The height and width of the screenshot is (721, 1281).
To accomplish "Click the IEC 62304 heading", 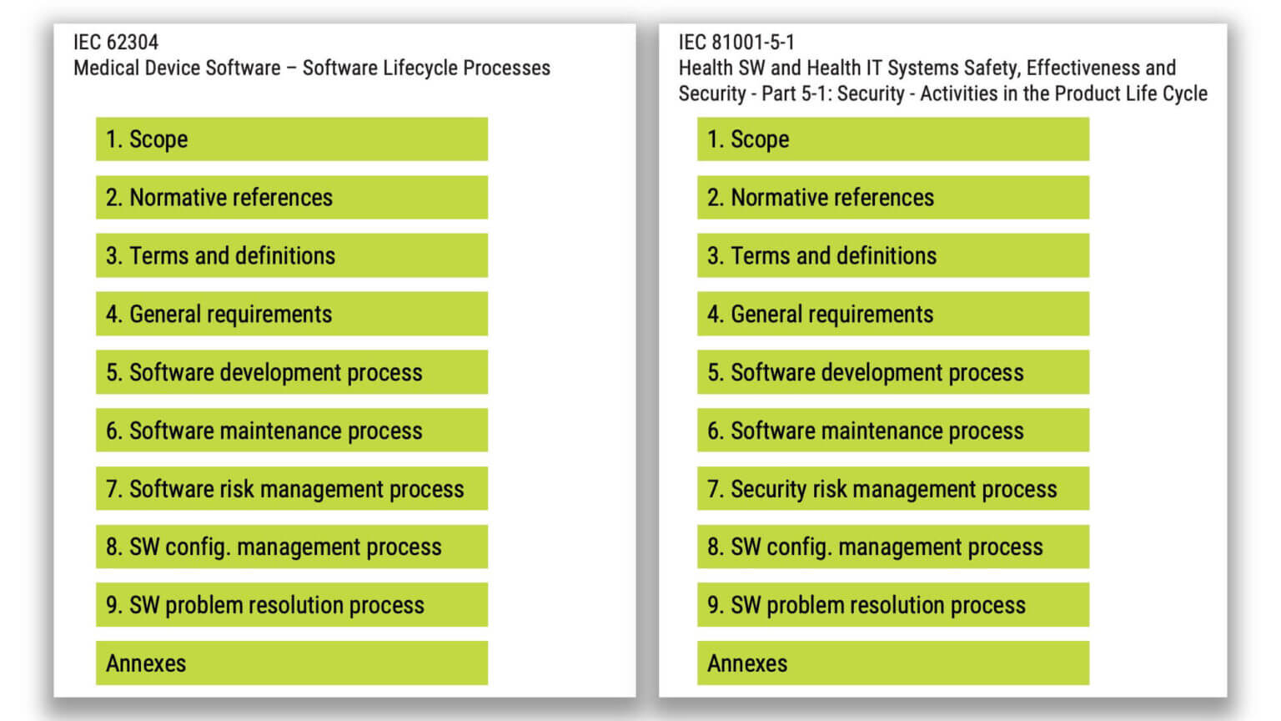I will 115,42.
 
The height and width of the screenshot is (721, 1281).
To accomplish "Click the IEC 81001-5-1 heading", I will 736,42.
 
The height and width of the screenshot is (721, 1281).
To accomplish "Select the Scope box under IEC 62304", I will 291,139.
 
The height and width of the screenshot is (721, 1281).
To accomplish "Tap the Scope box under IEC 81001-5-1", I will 892,139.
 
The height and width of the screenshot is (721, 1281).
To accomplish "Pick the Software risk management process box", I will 291,489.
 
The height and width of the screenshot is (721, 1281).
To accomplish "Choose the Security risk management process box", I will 892,489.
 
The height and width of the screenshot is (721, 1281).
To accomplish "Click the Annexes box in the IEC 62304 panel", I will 291,663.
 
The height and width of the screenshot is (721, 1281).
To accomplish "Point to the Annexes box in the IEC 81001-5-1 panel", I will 892,663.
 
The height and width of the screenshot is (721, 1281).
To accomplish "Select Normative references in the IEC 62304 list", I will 291,198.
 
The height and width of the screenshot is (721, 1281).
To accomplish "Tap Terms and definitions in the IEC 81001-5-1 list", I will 892,256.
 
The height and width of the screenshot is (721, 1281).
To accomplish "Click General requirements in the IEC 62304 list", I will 291,315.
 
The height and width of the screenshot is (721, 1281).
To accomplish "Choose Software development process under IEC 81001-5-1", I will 892,372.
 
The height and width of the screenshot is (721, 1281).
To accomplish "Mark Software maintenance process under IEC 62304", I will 291,431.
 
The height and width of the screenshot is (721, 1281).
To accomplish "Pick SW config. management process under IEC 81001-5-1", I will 892,547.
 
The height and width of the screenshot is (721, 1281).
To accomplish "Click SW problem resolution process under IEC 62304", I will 291,605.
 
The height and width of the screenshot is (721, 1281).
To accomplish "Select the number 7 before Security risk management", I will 713,489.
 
